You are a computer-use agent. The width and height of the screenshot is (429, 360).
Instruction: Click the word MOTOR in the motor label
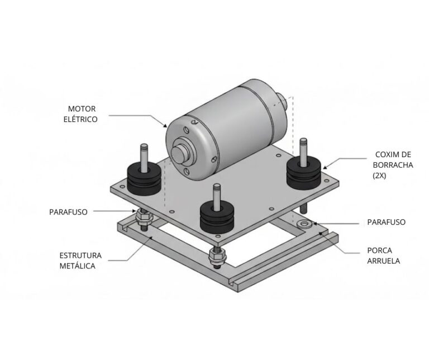pyautogui.click(x=82, y=108)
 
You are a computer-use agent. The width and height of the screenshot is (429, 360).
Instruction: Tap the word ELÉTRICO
pyautogui.click(x=80, y=120)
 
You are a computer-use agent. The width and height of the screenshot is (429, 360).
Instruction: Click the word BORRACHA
pyautogui.click(x=393, y=165)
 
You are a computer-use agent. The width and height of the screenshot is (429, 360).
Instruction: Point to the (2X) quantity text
pyautogui.click(x=380, y=176)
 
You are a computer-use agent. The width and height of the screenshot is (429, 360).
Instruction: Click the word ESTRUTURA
pyautogui.click(x=80, y=255)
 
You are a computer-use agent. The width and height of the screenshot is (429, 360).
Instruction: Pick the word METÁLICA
pyautogui.click(x=78, y=266)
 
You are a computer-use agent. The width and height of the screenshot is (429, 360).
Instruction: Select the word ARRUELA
pyautogui.click(x=384, y=261)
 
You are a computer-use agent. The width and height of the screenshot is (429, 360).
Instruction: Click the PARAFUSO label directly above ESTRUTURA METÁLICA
pyautogui.click(x=68, y=212)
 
